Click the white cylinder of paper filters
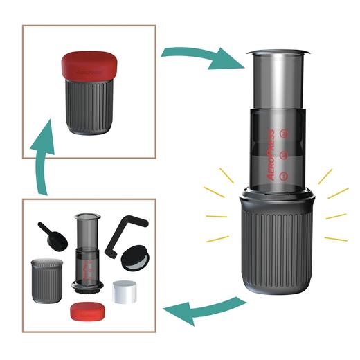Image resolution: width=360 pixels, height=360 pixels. click(125, 291)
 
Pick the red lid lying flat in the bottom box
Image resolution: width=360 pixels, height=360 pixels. click(87, 310)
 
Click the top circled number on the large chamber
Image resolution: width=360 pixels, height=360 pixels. click(281, 132)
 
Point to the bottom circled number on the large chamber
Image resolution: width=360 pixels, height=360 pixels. click(281, 174)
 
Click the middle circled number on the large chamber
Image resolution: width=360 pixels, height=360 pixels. click(281, 154)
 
